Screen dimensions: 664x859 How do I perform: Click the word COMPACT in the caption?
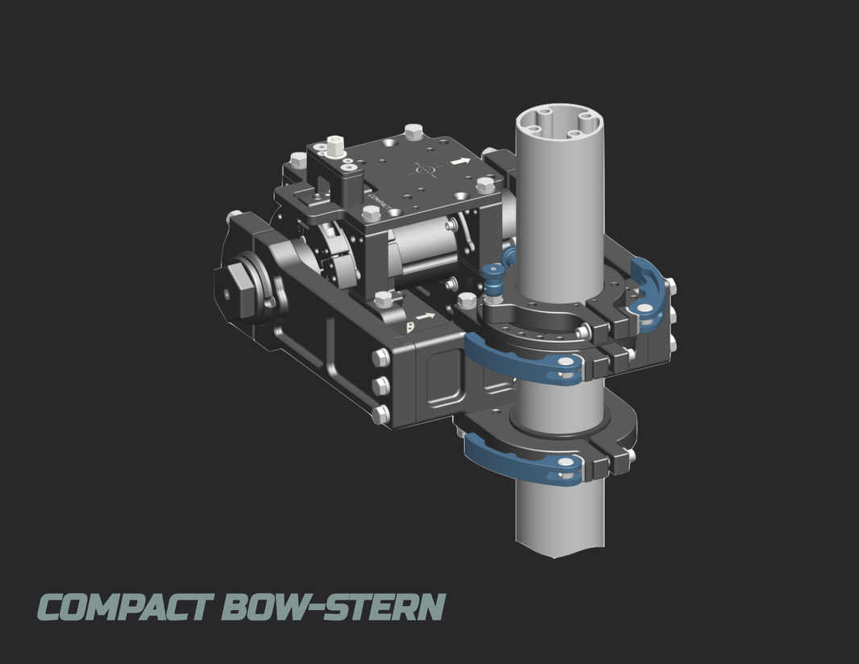tap(125, 608)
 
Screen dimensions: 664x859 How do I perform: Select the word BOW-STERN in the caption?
tap(332, 608)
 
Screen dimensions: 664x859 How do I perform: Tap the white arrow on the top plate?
tap(460, 161)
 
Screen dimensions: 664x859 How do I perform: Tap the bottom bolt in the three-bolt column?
tap(380, 414)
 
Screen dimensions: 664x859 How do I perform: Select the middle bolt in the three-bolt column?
tap(380, 386)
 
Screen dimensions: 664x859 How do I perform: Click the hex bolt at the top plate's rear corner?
tap(413, 131)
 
